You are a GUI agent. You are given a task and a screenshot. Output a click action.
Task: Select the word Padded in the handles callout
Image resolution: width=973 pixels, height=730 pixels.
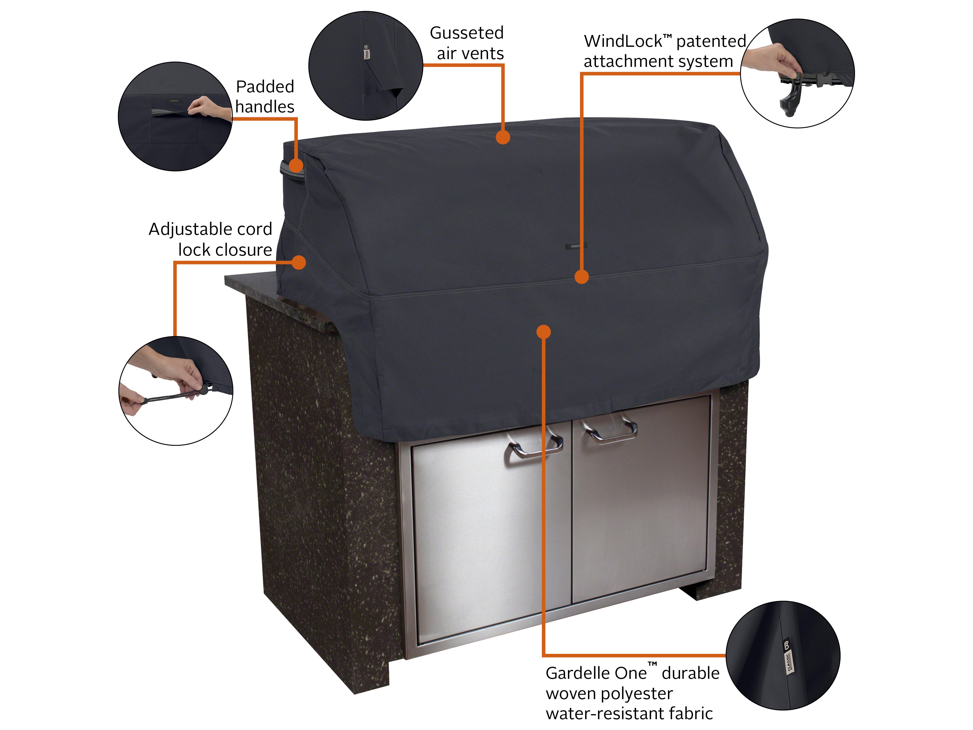(x=265, y=87)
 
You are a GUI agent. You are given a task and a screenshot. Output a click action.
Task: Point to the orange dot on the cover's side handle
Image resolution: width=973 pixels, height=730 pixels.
(x=296, y=166)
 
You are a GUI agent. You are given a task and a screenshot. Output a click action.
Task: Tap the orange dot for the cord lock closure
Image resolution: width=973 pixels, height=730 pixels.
(x=299, y=263)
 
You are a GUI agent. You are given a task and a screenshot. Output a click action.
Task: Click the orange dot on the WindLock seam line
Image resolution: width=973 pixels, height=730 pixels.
(x=582, y=277)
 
